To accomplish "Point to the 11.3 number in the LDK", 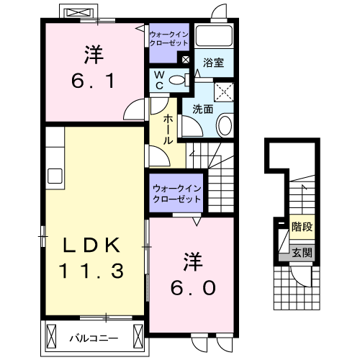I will coord(91,271).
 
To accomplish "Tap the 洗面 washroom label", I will coord(202,109).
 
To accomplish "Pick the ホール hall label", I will coord(167,130).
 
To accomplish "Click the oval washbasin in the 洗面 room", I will coord(225,126).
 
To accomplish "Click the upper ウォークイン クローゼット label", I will coord(168,37).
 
